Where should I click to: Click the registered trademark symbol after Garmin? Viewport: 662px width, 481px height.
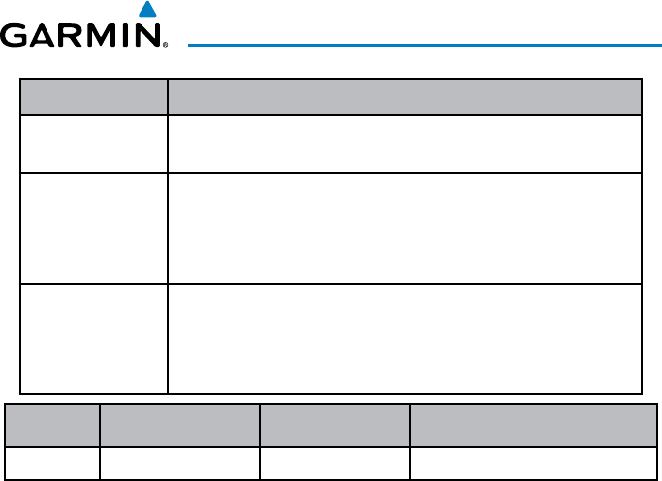[x=164, y=46]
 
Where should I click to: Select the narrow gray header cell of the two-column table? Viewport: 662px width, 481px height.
[x=94, y=97]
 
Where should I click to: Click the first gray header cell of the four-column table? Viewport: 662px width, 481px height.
[x=53, y=427]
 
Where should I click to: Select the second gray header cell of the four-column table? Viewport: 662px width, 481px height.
[x=179, y=427]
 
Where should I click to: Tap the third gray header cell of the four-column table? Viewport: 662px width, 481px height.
[x=334, y=427]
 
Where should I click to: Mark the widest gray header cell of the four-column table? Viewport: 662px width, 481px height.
[x=533, y=427]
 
